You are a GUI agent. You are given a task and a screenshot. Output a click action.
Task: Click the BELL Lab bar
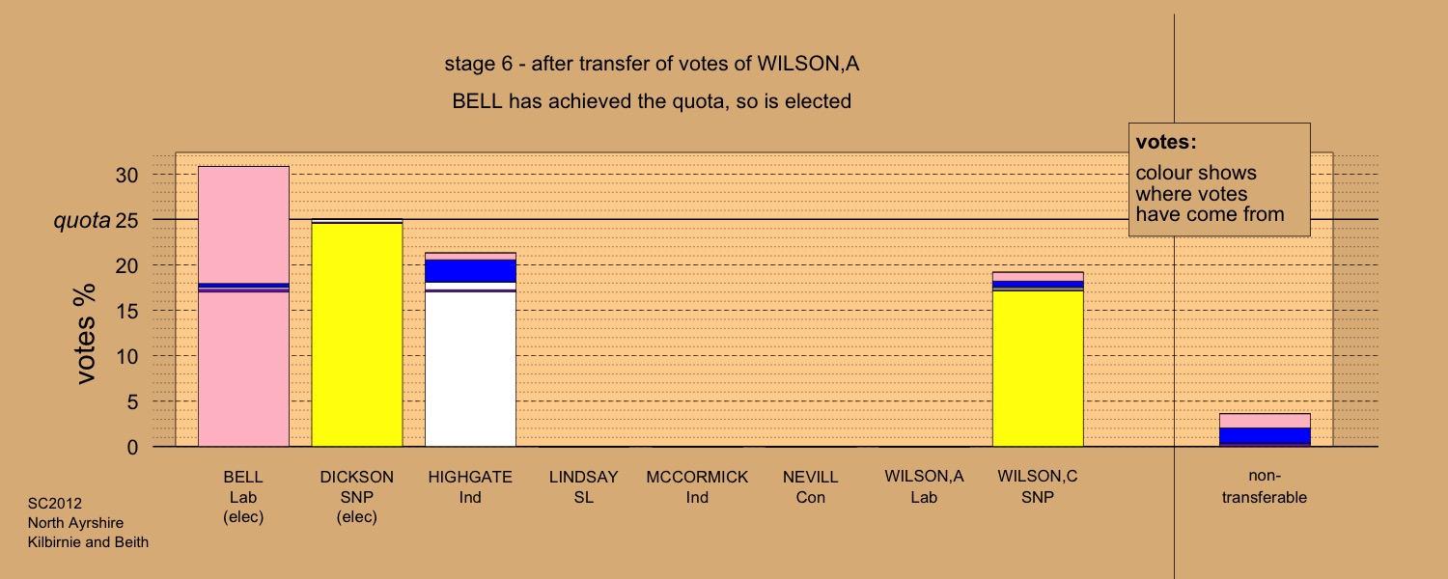(x=243, y=306)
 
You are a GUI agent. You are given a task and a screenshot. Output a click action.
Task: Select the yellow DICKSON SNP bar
(x=357, y=335)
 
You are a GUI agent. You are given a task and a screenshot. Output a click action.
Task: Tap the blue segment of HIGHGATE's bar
(x=471, y=271)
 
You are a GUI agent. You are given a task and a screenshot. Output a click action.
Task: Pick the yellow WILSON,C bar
(x=1038, y=369)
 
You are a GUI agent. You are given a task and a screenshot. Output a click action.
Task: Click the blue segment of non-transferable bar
(x=1265, y=435)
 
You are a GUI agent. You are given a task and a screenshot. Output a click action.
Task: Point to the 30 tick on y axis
(x=126, y=175)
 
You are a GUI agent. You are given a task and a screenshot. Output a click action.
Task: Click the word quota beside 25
(x=82, y=220)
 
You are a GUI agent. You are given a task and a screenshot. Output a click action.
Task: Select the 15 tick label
(x=126, y=311)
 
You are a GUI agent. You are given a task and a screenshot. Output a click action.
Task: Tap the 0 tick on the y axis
(x=132, y=447)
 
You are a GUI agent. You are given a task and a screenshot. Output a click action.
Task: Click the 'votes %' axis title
(x=85, y=334)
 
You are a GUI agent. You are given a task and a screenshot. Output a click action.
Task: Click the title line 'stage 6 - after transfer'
(x=652, y=64)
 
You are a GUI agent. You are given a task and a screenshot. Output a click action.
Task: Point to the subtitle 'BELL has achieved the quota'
(x=652, y=101)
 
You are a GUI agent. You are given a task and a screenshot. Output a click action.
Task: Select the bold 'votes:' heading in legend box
(x=1166, y=142)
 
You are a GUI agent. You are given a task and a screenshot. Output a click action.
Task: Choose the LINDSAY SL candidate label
(x=584, y=487)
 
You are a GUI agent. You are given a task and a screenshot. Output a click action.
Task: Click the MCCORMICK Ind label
(x=697, y=487)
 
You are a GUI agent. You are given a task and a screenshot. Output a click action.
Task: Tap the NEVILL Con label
(x=811, y=487)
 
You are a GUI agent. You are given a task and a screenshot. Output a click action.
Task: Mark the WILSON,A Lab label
(x=925, y=486)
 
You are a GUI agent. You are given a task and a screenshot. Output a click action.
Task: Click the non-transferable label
(x=1265, y=486)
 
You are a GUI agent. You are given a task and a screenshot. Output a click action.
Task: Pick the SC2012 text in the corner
(x=55, y=504)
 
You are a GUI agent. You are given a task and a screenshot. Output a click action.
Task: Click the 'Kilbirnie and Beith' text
(x=88, y=542)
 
